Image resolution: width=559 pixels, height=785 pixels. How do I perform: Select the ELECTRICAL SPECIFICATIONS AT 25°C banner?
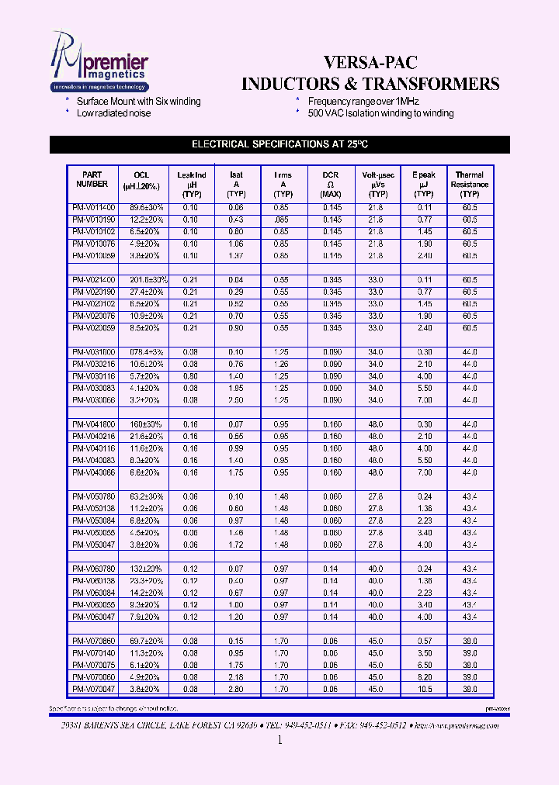click(x=279, y=144)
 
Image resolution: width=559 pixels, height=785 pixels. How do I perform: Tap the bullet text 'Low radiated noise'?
click(x=113, y=113)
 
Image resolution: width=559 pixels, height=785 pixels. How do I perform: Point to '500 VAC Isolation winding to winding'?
click(x=380, y=113)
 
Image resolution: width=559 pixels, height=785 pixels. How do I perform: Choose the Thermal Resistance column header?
click(x=469, y=185)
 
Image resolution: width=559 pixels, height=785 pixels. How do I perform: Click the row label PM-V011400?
click(x=93, y=208)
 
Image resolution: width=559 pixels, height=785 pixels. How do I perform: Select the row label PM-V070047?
click(x=93, y=689)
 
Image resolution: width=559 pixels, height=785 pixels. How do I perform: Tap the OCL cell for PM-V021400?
click(x=142, y=279)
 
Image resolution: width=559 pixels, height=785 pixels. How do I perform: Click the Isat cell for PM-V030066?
click(x=236, y=399)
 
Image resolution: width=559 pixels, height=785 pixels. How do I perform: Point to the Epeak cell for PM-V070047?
click(x=424, y=689)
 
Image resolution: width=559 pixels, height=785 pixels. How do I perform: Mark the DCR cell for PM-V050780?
click(x=330, y=496)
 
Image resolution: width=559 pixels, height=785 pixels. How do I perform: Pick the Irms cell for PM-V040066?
click(x=283, y=472)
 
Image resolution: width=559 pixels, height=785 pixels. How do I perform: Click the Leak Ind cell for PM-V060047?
click(x=190, y=617)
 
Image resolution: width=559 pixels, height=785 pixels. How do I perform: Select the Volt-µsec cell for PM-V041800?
click(x=376, y=424)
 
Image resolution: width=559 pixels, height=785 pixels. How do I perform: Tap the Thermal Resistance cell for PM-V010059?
click(x=469, y=255)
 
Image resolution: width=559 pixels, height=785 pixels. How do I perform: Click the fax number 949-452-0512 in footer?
click(x=380, y=725)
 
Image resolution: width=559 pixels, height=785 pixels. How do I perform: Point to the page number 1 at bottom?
click(x=279, y=741)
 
